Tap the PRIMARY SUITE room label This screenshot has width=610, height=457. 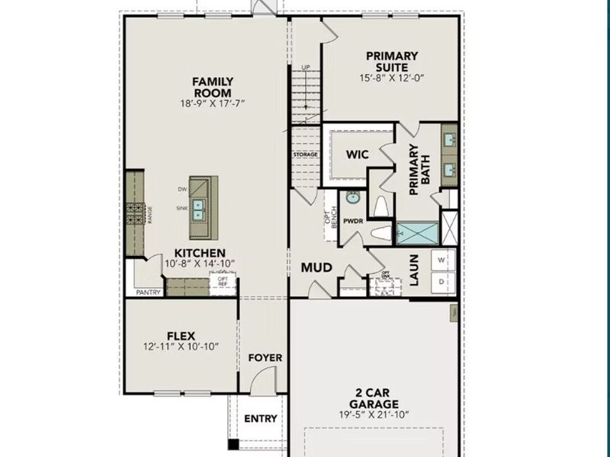391,61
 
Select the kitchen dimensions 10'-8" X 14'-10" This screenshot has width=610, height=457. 200,264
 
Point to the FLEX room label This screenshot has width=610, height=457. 181,335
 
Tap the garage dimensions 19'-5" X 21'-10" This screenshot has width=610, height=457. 374,415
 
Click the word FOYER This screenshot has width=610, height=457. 265,357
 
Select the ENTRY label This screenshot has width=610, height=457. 260,418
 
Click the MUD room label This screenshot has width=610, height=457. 316,267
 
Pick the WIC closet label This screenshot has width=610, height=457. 358,155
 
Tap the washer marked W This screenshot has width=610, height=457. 441,259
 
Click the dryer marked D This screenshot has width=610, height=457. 441,282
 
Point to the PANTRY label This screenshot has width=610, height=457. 148,292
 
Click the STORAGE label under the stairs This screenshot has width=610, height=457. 304,155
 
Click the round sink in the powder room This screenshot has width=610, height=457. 352,198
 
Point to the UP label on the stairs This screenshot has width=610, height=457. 306,68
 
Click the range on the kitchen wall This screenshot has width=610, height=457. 135,211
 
